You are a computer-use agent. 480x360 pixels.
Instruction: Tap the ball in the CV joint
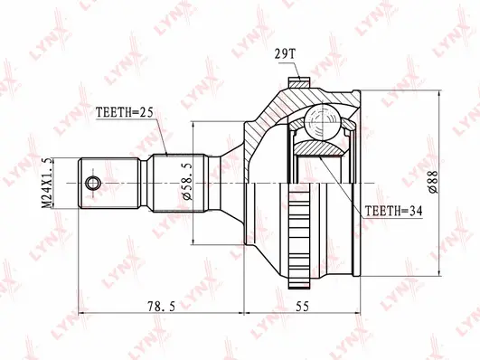coord(321,120)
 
